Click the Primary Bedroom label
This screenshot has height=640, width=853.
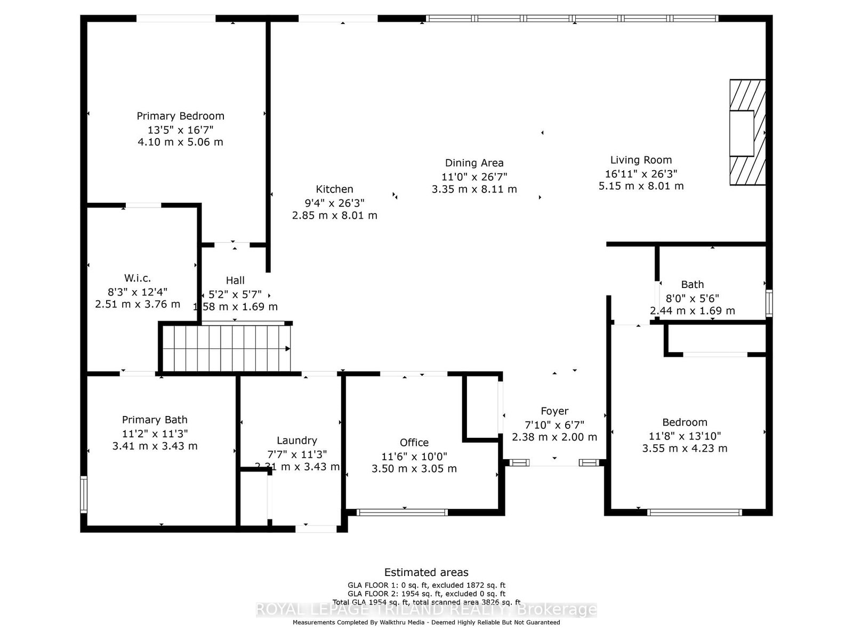[180, 116]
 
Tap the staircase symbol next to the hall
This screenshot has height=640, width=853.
[227, 349]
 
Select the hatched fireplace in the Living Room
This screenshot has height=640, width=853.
[747, 132]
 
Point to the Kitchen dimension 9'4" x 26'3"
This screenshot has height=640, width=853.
[334, 203]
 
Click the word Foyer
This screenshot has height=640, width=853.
[554, 411]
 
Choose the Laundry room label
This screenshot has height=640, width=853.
[297, 441]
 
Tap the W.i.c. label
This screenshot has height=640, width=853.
[138, 278]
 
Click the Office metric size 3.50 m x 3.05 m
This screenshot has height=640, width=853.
[414, 469]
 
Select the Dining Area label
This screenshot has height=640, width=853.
[474, 163]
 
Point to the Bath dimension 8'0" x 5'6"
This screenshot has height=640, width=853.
[692, 299]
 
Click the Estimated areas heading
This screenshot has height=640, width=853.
[426, 572]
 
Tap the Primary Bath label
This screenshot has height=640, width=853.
[155, 420]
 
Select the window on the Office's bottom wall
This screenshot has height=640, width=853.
[402, 513]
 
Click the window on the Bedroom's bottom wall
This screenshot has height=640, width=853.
[694, 513]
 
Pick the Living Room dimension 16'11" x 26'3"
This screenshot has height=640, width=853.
[641, 173]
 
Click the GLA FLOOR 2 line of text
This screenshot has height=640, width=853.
[426, 594]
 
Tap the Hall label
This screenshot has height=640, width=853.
[235, 281]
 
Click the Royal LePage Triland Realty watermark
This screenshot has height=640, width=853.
[426, 610]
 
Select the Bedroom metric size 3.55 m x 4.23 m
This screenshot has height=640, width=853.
[685, 449]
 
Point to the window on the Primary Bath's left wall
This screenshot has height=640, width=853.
[84, 494]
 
